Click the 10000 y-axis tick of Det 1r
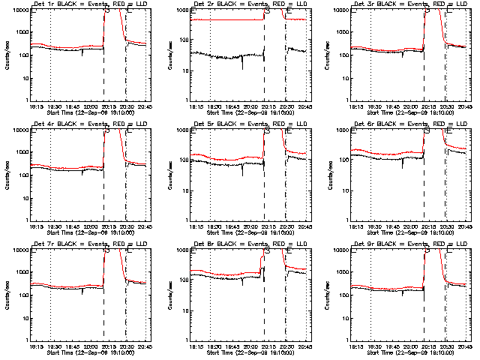pos(19,10)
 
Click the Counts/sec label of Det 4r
pos(7,174)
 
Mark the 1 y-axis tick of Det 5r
pos(187,219)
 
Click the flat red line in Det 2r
pos(225,19)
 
